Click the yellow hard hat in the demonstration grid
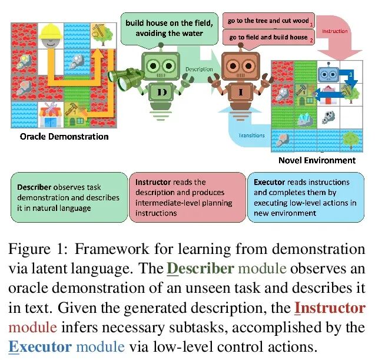coord(53,32)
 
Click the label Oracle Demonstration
coord(64,136)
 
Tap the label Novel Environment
coord(317,160)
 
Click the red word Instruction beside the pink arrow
coord(336,31)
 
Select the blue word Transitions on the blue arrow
coord(252,135)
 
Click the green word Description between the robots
coord(199,69)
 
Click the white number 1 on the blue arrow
coord(350,75)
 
